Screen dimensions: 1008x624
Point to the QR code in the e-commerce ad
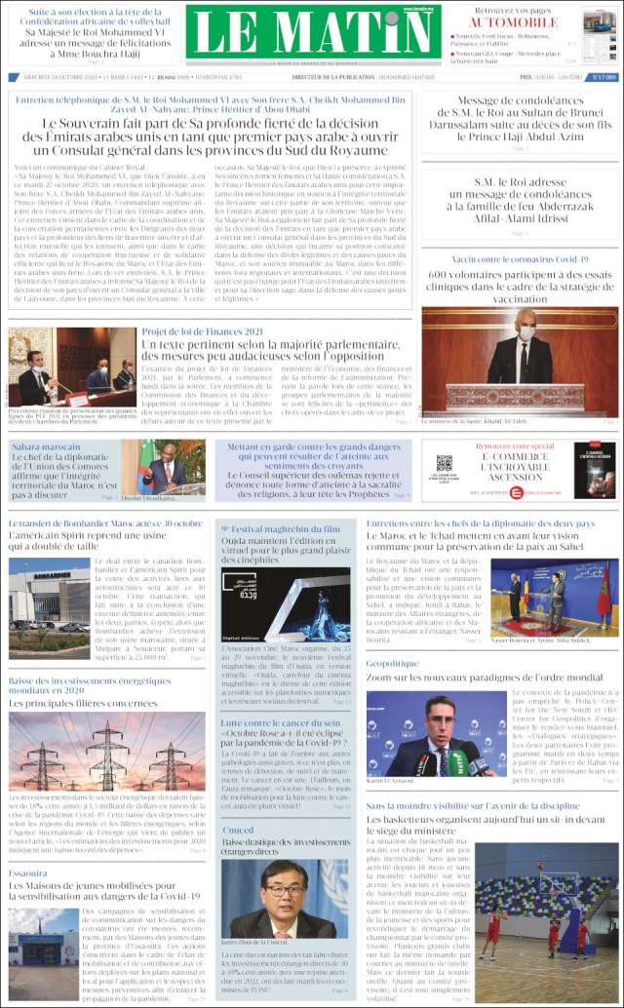point(445,463)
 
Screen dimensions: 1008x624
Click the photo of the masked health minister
point(520,361)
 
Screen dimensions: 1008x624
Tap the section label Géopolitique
point(392,663)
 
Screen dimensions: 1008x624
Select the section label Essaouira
point(28,872)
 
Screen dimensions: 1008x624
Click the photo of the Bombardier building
point(49,595)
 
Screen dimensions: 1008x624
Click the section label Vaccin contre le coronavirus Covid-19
point(507,259)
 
